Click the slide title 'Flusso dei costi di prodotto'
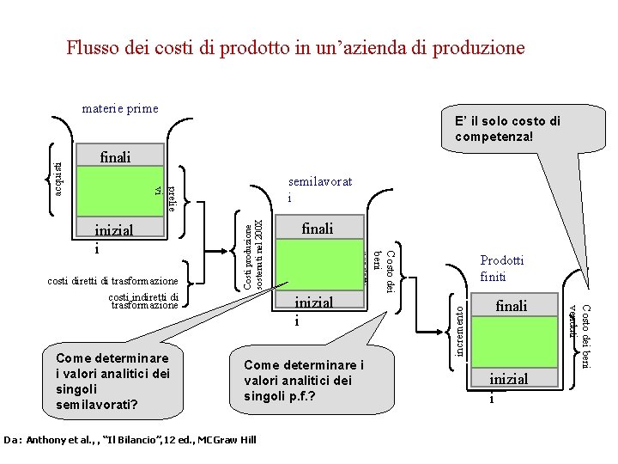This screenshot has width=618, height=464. [x=295, y=48]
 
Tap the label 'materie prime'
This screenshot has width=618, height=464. [x=120, y=109]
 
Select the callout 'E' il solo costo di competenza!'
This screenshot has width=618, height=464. [x=507, y=129]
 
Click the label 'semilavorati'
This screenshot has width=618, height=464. [x=321, y=190]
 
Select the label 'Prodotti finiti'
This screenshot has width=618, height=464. [x=502, y=268]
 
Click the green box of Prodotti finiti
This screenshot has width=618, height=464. [x=512, y=344]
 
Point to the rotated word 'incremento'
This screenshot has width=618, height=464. [x=461, y=331]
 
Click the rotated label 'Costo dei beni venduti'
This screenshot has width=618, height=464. [x=580, y=337]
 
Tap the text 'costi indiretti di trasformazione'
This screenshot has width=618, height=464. [x=143, y=301]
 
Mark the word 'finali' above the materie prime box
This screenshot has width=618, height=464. [x=116, y=157]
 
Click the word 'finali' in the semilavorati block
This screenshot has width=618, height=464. [x=318, y=229]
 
